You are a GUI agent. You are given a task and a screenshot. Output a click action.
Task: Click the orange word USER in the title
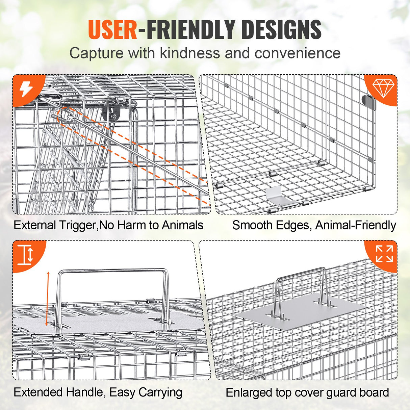pyautogui.click(x=113, y=30)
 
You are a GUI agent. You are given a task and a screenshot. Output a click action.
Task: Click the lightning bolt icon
pyautogui.click(x=26, y=89)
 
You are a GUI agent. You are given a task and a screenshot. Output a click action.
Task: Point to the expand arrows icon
pyautogui.click(x=384, y=254)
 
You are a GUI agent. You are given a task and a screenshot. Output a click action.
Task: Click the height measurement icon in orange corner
pyautogui.click(x=26, y=254)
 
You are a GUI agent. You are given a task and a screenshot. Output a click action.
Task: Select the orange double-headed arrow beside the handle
pyautogui.click(x=48, y=298)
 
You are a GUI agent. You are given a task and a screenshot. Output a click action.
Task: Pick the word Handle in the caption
pyautogui.click(x=85, y=392)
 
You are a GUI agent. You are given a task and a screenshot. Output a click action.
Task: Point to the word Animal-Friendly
pyautogui.click(x=355, y=225)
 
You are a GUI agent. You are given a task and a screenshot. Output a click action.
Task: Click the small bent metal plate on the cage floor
pyautogui.click(x=278, y=196)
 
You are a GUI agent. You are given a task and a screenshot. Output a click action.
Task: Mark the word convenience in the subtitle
pyautogui.click(x=297, y=53)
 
